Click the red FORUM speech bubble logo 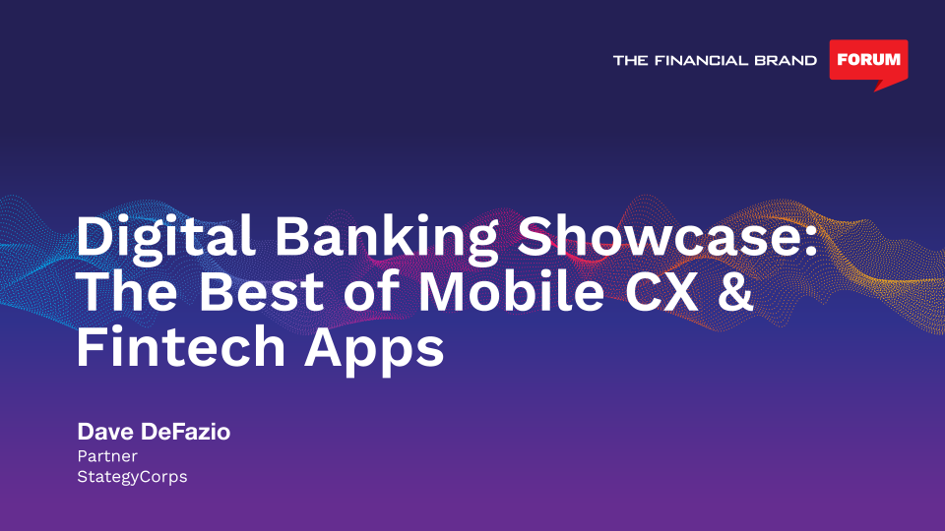[868, 63]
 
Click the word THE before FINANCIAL [630, 60]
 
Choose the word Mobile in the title [511, 292]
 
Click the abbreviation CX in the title [661, 292]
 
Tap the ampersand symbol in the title [735, 292]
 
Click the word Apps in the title [374, 350]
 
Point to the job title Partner [107, 455]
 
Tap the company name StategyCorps [132, 477]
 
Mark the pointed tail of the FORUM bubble [876, 90]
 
